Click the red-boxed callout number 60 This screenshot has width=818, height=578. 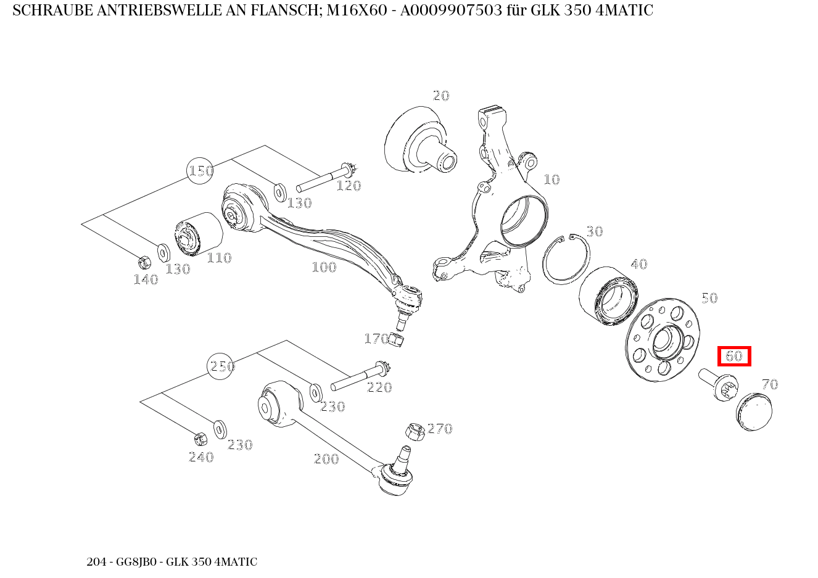(733, 356)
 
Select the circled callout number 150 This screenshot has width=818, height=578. (200, 170)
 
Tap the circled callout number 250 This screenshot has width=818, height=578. (221, 366)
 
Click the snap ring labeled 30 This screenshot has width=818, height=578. (566, 260)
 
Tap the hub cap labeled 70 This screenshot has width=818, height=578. (754, 410)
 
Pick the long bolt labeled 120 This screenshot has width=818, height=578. (324, 177)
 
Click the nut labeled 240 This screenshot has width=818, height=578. (200, 439)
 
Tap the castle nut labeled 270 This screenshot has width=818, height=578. (415, 432)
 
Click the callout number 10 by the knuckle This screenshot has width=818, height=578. (551, 180)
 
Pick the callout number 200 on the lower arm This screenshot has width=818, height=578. (326, 459)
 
